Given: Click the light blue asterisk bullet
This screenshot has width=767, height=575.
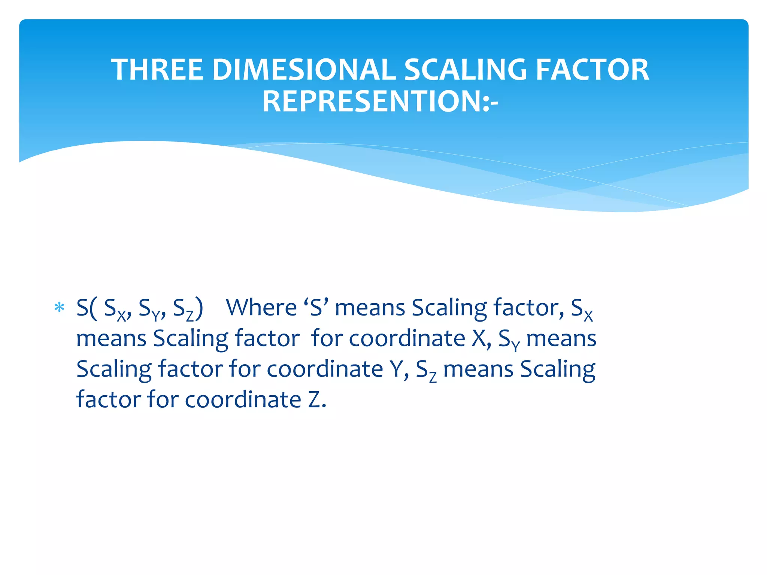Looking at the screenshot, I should [60, 308].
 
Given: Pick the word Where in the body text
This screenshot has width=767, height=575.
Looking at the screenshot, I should [261, 308].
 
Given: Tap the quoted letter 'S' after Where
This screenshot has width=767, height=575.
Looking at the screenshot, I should [316, 308].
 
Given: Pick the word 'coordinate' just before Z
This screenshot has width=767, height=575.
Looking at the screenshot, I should [243, 400].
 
